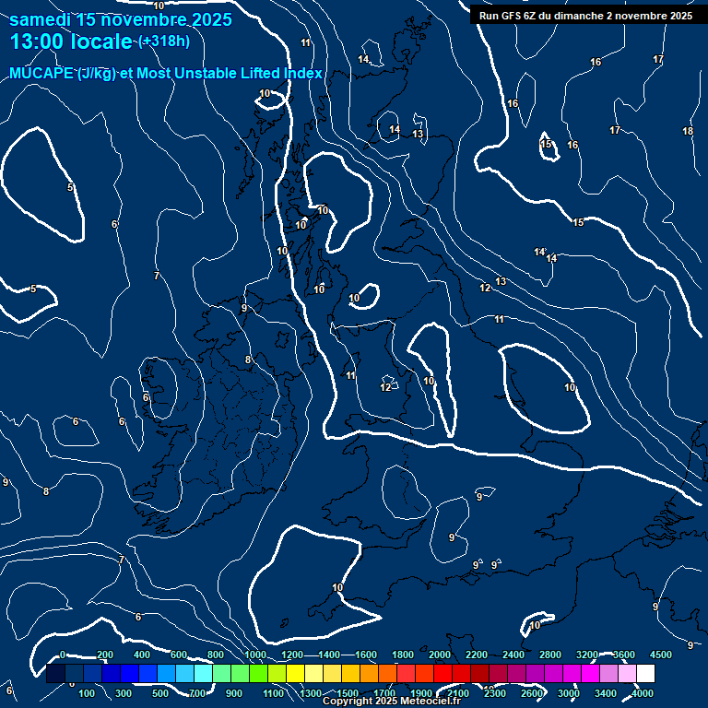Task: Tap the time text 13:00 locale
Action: (72, 41)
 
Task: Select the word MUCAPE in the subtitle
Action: (41, 73)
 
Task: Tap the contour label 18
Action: (688, 131)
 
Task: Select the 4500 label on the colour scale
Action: (661, 655)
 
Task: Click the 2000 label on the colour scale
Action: (440, 655)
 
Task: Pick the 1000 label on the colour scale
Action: (255, 655)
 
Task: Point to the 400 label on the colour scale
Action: (142, 655)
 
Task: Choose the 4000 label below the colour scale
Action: (643, 693)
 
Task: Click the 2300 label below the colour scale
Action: (495, 693)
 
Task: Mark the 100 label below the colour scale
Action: (88, 693)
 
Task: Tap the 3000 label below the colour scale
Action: (569, 693)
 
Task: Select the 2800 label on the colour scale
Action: (550, 655)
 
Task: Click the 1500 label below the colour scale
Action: (348, 693)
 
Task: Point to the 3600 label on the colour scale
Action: (624, 655)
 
